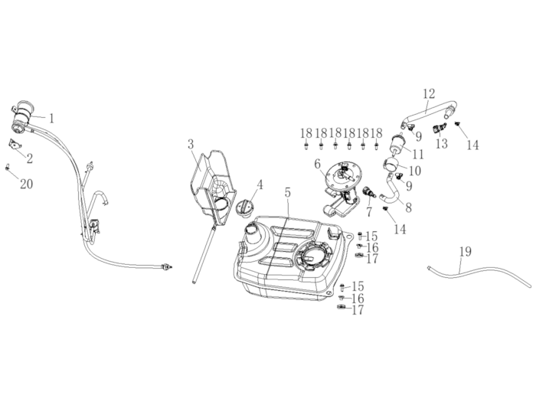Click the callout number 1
(52, 119)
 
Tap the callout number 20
(27, 184)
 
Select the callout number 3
(191, 143)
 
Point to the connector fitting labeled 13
(440, 128)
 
